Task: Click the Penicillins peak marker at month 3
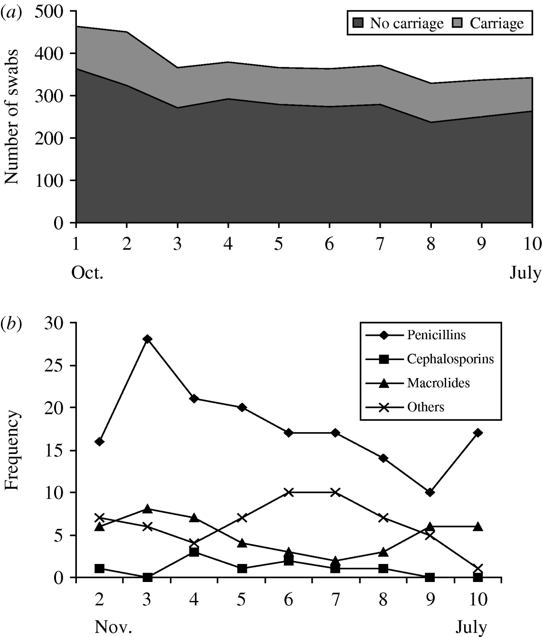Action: pyautogui.click(x=147, y=339)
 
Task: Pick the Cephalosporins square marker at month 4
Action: pyautogui.click(x=194, y=552)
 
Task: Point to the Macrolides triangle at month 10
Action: pyautogui.click(x=478, y=526)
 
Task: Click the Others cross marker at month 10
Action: pyautogui.click(x=478, y=569)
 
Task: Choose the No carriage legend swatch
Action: pyautogui.click(x=358, y=23)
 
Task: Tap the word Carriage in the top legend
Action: pyautogui.click(x=497, y=23)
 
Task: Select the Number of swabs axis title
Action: pyautogui.click(x=11, y=116)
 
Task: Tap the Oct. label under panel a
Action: pyautogui.click(x=87, y=274)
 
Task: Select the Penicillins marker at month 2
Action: pyautogui.click(x=100, y=442)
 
